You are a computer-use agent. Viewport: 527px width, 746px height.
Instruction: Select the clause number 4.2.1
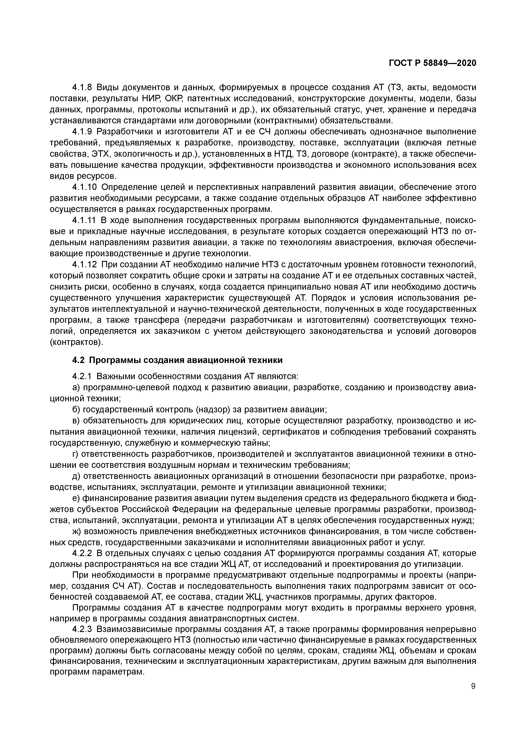click(82, 376)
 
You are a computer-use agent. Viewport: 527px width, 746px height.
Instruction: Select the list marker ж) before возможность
click(77, 531)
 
